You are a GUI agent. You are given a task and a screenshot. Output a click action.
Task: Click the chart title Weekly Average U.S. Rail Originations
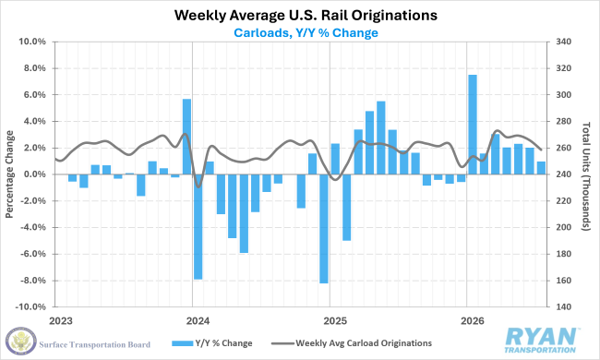click(x=306, y=16)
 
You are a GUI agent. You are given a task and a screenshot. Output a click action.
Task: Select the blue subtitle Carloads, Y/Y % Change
click(x=306, y=33)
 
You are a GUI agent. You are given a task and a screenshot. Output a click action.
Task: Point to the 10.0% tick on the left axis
click(x=32, y=42)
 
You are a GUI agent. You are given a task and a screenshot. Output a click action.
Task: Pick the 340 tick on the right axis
click(x=564, y=42)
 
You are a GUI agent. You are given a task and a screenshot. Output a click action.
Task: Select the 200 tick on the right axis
click(x=564, y=227)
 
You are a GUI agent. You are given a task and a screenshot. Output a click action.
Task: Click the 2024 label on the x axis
click(x=198, y=320)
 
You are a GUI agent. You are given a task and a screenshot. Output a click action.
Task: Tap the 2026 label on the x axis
click(x=473, y=320)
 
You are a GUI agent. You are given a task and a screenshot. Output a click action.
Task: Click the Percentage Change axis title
click(x=9, y=174)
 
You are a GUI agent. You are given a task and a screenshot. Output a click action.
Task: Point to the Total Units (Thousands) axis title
click(x=586, y=176)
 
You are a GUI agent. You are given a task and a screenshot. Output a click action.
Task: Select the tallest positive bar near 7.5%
click(x=473, y=125)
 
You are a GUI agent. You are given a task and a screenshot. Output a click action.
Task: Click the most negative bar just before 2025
click(x=324, y=229)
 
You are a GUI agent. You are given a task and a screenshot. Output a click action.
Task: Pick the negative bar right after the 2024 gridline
click(x=198, y=227)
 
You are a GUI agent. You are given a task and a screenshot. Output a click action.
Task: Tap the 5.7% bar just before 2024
click(x=186, y=137)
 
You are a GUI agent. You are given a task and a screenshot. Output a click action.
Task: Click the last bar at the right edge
click(x=541, y=168)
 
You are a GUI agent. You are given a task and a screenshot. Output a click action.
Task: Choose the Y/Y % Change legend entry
click(x=212, y=343)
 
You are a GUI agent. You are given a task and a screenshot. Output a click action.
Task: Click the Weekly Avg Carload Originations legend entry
click(x=352, y=343)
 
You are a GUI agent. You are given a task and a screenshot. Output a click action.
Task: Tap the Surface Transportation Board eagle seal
click(x=21, y=341)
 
